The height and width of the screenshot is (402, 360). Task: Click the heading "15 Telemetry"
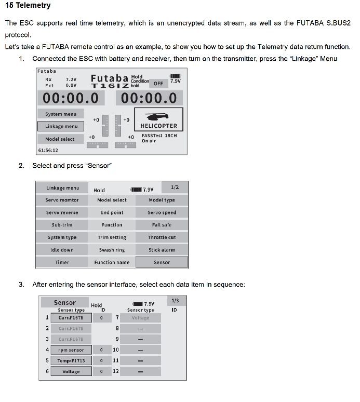click(x=28, y=6)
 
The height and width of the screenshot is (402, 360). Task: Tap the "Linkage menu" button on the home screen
click(x=61, y=126)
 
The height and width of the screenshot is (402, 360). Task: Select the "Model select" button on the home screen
click(x=60, y=139)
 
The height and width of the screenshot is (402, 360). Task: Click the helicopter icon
click(x=158, y=115)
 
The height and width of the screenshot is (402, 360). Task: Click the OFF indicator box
click(x=158, y=83)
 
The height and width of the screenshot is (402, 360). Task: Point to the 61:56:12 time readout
click(x=48, y=151)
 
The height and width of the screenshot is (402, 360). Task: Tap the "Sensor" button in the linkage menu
click(x=162, y=262)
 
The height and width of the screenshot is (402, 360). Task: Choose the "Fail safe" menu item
click(x=162, y=225)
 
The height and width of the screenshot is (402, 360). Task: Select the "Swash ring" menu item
click(x=112, y=250)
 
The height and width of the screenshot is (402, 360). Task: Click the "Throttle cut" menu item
click(x=162, y=237)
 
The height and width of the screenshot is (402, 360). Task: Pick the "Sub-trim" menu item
click(x=62, y=225)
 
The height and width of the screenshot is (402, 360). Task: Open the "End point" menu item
click(x=112, y=212)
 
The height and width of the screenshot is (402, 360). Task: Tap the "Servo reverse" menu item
click(x=62, y=212)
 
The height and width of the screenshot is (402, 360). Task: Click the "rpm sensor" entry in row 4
click(x=71, y=350)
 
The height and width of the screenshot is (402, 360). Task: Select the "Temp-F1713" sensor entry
click(x=71, y=360)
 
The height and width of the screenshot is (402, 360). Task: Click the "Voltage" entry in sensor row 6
click(x=71, y=372)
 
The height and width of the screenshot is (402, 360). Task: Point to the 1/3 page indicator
click(x=175, y=301)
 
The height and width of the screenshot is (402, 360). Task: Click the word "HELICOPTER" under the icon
click(x=158, y=126)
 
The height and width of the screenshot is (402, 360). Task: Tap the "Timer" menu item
click(x=62, y=262)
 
